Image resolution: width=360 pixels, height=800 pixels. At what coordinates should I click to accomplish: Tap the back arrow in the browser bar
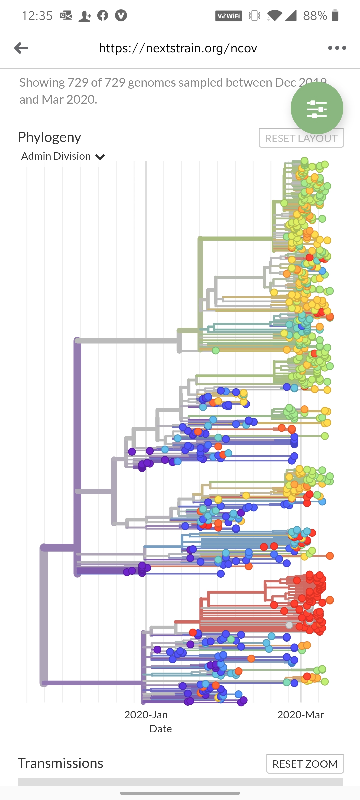tap(21, 48)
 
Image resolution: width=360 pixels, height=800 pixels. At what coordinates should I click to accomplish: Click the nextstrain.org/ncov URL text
tap(178, 48)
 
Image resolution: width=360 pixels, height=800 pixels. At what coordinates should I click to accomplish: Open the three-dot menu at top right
tap(337, 48)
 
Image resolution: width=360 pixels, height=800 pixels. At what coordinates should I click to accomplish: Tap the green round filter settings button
tap(317, 108)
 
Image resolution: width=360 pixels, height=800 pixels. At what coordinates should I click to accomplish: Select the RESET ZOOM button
tap(305, 764)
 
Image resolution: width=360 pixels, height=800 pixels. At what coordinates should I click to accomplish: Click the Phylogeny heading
tap(49, 137)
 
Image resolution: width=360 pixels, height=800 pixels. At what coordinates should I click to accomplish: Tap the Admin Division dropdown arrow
tap(100, 157)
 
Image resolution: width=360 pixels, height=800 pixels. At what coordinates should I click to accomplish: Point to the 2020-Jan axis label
tap(146, 715)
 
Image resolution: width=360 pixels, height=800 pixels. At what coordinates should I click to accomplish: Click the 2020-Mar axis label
tap(300, 715)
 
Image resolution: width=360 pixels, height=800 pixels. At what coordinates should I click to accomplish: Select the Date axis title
tap(160, 729)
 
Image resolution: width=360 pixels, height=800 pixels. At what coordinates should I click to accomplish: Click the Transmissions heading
tap(60, 763)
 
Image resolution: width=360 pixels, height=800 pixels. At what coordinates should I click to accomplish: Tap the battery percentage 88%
tap(315, 16)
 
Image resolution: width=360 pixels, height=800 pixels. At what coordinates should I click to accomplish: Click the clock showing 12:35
tap(37, 16)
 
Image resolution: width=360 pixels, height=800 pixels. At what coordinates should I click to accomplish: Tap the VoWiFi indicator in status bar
tap(228, 16)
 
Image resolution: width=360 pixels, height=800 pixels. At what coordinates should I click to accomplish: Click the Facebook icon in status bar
tap(103, 16)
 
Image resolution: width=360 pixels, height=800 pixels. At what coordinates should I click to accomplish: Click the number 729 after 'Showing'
tap(78, 83)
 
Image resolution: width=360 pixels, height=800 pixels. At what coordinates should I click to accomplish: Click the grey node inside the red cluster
tap(289, 625)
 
